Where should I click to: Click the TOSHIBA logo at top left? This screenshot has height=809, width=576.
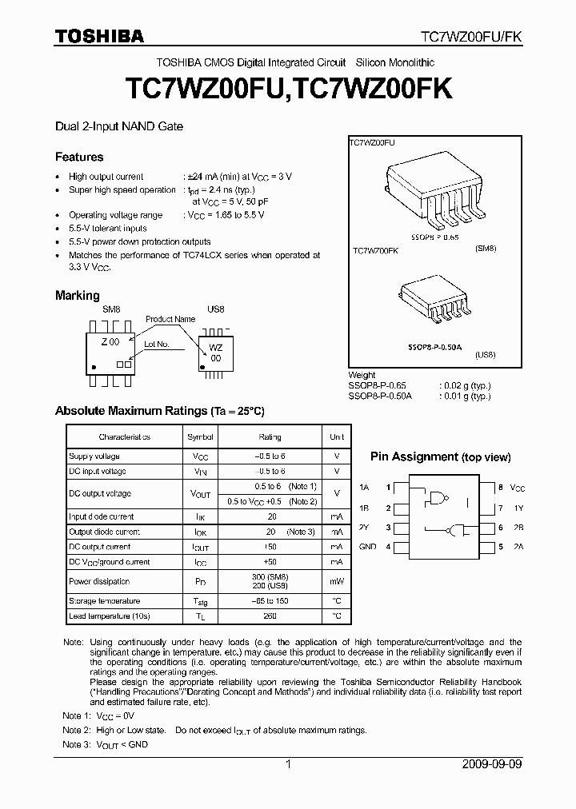(98, 36)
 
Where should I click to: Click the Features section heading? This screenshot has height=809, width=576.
(79, 157)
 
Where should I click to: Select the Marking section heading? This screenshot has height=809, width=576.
(77, 295)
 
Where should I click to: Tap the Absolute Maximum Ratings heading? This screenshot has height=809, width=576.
(159, 411)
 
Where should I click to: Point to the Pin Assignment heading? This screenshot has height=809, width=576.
(440, 456)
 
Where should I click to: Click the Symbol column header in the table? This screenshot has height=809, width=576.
(201, 437)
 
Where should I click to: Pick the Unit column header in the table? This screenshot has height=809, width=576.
(337, 437)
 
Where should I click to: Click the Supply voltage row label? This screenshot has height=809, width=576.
(94, 456)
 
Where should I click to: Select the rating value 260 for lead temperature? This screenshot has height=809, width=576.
(271, 616)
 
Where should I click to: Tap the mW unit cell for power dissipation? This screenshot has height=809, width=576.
(337, 581)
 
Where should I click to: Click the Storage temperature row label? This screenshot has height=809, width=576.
(104, 601)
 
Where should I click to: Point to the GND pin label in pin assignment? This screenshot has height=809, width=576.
(367, 547)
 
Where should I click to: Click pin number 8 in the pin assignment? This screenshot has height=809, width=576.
(500, 487)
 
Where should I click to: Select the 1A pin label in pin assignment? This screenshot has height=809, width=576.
(364, 487)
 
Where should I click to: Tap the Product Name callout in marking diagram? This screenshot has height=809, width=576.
(170, 319)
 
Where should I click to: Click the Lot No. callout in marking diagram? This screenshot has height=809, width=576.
(157, 345)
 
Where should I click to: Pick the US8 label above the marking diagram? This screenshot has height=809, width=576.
(215, 308)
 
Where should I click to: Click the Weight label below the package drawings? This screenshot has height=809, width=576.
(362, 375)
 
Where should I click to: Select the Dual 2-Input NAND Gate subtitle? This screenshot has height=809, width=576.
(118, 126)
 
